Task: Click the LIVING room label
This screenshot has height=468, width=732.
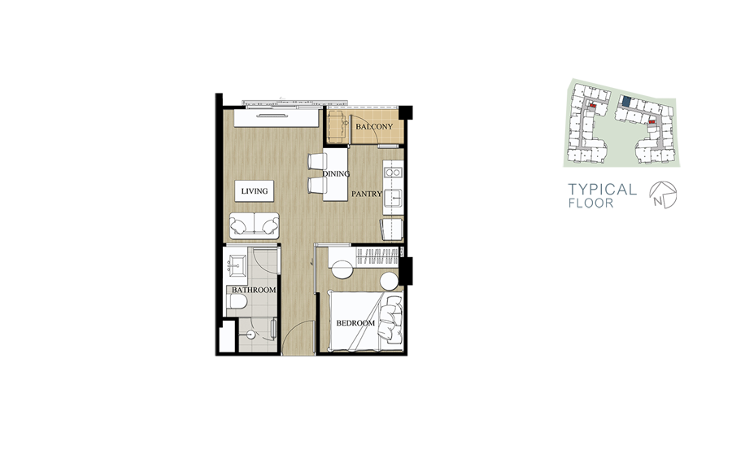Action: pos(255,191)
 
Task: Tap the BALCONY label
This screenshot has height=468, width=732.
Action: pos(374,127)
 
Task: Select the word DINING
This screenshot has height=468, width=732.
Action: pos(336,173)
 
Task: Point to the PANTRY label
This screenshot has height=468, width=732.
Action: pos(367,194)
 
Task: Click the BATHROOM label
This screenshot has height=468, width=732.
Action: pos(254,290)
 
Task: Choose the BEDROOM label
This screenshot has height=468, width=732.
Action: pos(355,323)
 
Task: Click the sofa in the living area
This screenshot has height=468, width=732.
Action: pos(255,226)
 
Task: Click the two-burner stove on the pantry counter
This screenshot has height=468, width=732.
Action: pos(393,173)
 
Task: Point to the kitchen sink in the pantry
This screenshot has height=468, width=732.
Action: pos(394,199)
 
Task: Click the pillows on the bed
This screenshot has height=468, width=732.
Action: pos(390,320)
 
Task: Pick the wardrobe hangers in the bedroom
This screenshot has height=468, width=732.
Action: pos(377,257)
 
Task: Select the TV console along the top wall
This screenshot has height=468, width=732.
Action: pos(277,116)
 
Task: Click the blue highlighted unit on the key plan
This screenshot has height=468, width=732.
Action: pos(626,101)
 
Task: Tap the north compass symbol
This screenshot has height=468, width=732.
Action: pos(663,195)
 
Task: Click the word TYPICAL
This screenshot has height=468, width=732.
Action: pos(602,190)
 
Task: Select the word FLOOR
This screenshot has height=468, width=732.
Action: pos(591,203)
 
